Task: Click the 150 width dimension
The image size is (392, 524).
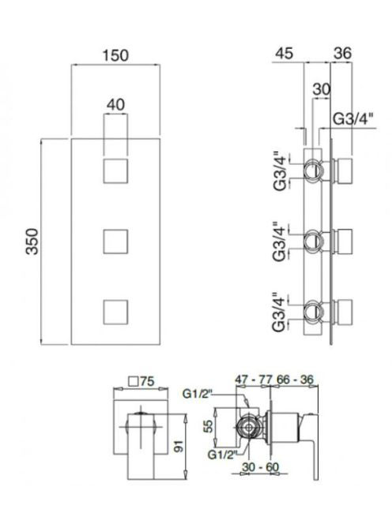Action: click(x=115, y=55)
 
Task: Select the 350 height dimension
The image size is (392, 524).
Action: click(x=32, y=241)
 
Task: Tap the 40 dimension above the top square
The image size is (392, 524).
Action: click(x=115, y=105)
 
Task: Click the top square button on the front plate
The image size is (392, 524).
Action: click(x=115, y=171)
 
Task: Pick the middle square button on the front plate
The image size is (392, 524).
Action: click(x=115, y=241)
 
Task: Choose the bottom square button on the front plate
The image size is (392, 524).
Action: click(x=115, y=313)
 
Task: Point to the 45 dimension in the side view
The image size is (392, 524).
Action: click(x=285, y=54)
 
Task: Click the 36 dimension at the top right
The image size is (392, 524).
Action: click(x=342, y=53)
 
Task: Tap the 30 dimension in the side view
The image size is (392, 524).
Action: click(x=322, y=89)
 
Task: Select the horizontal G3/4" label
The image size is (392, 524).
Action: click(x=353, y=118)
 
